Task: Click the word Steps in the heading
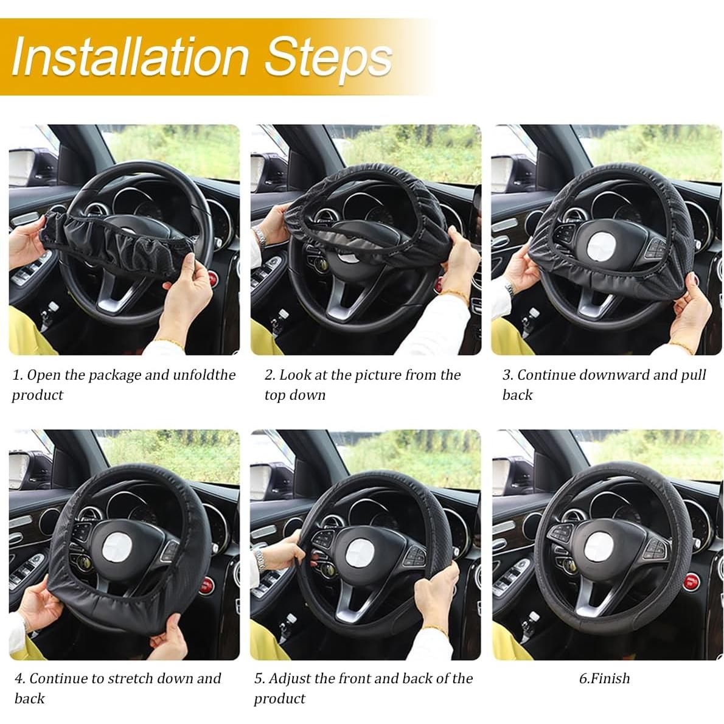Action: [329, 56]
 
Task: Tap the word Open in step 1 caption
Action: [43, 375]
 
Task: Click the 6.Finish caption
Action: [604, 678]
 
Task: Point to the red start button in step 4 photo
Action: [207, 586]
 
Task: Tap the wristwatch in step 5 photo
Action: [259, 555]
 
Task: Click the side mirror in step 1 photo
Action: [22, 167]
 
